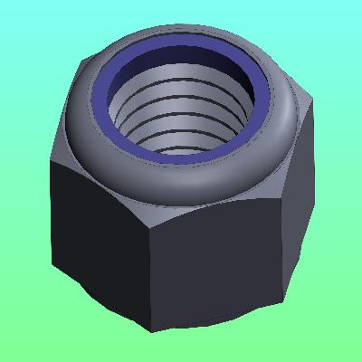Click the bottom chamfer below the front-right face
coord(226,317)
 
